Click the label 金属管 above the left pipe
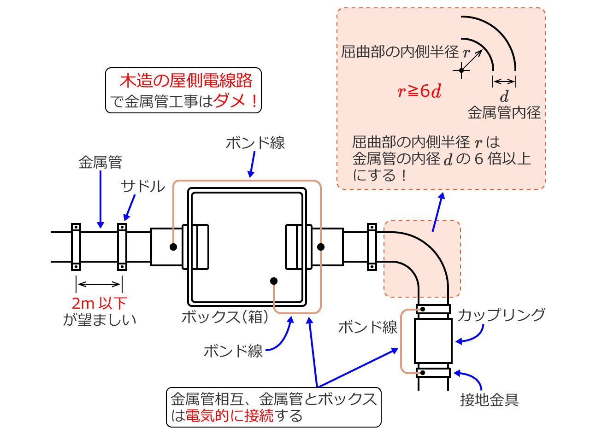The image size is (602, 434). (x=100, y=162)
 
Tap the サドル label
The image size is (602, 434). (x=143, y=186)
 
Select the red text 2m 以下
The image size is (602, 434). (x=99, y=303)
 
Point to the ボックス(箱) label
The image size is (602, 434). (x=225, y=317)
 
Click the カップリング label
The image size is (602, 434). (x=502, y=315)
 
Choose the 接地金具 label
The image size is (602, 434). (x=490, y=399)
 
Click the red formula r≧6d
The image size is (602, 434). (x=419, y=91)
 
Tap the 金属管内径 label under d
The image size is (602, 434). (x=504, y=112)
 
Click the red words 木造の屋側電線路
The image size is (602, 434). (x=186, y=81)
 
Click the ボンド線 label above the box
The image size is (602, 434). (x=255, y=143)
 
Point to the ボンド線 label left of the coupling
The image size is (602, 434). (x=368, y=327)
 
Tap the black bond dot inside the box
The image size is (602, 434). (x=274, y=281)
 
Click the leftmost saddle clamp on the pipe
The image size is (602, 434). (x=76, y=246)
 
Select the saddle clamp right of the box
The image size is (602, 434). (x=372, y=246)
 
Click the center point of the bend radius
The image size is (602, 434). (x=461, y=70)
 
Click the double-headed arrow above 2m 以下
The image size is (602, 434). (x=99, y=284)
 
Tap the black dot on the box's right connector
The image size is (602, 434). (x=321, y=247)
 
